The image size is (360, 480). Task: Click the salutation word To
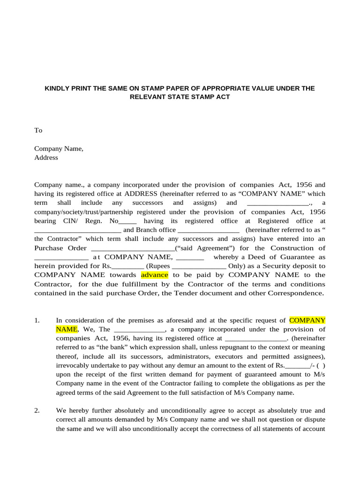point(38,130)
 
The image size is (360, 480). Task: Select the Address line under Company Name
point(46,157)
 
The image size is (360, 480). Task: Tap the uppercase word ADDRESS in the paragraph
point(141,194)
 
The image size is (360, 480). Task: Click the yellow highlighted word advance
point(154,275)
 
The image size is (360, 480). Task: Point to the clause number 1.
point(37,321)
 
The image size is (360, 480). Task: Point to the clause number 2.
point(37,411)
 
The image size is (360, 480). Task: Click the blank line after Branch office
point(209,230)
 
